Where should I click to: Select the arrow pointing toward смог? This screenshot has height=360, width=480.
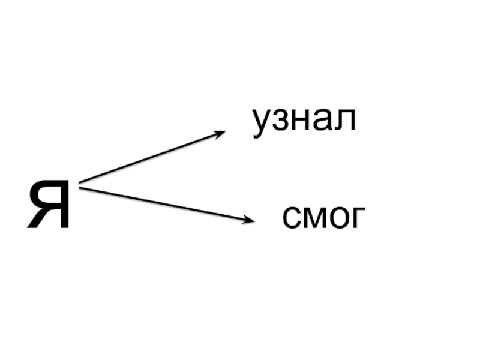165,204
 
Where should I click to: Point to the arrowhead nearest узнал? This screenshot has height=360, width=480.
220,133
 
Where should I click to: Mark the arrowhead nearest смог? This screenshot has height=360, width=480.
248,220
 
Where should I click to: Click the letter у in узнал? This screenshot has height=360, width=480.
262,125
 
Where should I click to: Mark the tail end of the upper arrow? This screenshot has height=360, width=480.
81,181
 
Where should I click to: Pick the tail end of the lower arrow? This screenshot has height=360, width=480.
81,189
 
